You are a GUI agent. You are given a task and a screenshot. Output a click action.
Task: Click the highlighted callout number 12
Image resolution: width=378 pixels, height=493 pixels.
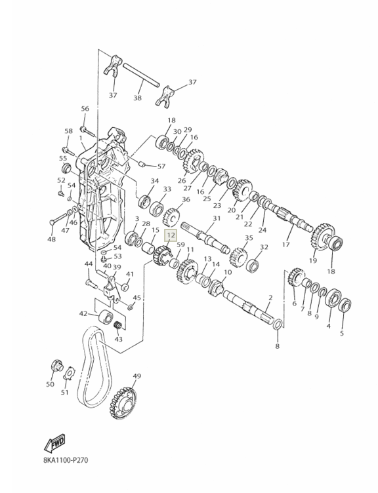171,235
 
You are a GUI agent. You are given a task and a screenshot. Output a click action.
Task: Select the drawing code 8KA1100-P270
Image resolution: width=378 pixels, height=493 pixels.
66,460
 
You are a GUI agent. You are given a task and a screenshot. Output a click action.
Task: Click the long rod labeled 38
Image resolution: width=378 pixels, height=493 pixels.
141,75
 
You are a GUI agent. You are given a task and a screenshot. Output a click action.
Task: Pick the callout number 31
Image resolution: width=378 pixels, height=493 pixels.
217,218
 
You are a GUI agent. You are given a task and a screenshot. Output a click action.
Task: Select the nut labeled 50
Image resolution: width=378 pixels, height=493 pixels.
57,365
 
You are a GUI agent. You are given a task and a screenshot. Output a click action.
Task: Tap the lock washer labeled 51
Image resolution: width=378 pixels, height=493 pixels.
70,373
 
